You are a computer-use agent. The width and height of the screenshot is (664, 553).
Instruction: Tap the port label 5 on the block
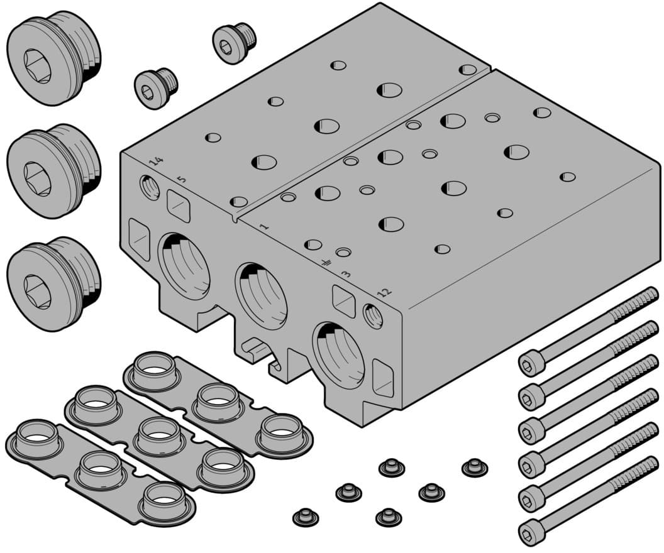click(x=181, y=179)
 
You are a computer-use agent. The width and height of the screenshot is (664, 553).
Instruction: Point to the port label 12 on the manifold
click(x=384, y=292)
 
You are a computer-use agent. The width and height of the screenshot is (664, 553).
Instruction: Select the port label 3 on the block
click(x=346, y=274)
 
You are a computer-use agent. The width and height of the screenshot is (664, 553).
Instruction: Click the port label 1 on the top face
click(x=264, y=226)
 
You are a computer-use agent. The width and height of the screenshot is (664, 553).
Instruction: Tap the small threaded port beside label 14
click(x=150, y=187)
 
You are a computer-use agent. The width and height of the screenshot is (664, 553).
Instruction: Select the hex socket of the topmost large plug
click(x=37, y=66)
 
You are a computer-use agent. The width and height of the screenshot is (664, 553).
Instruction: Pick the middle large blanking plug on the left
click(x=54, y=171)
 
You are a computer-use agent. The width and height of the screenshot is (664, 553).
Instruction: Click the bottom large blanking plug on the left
click(x=54, y=284)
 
